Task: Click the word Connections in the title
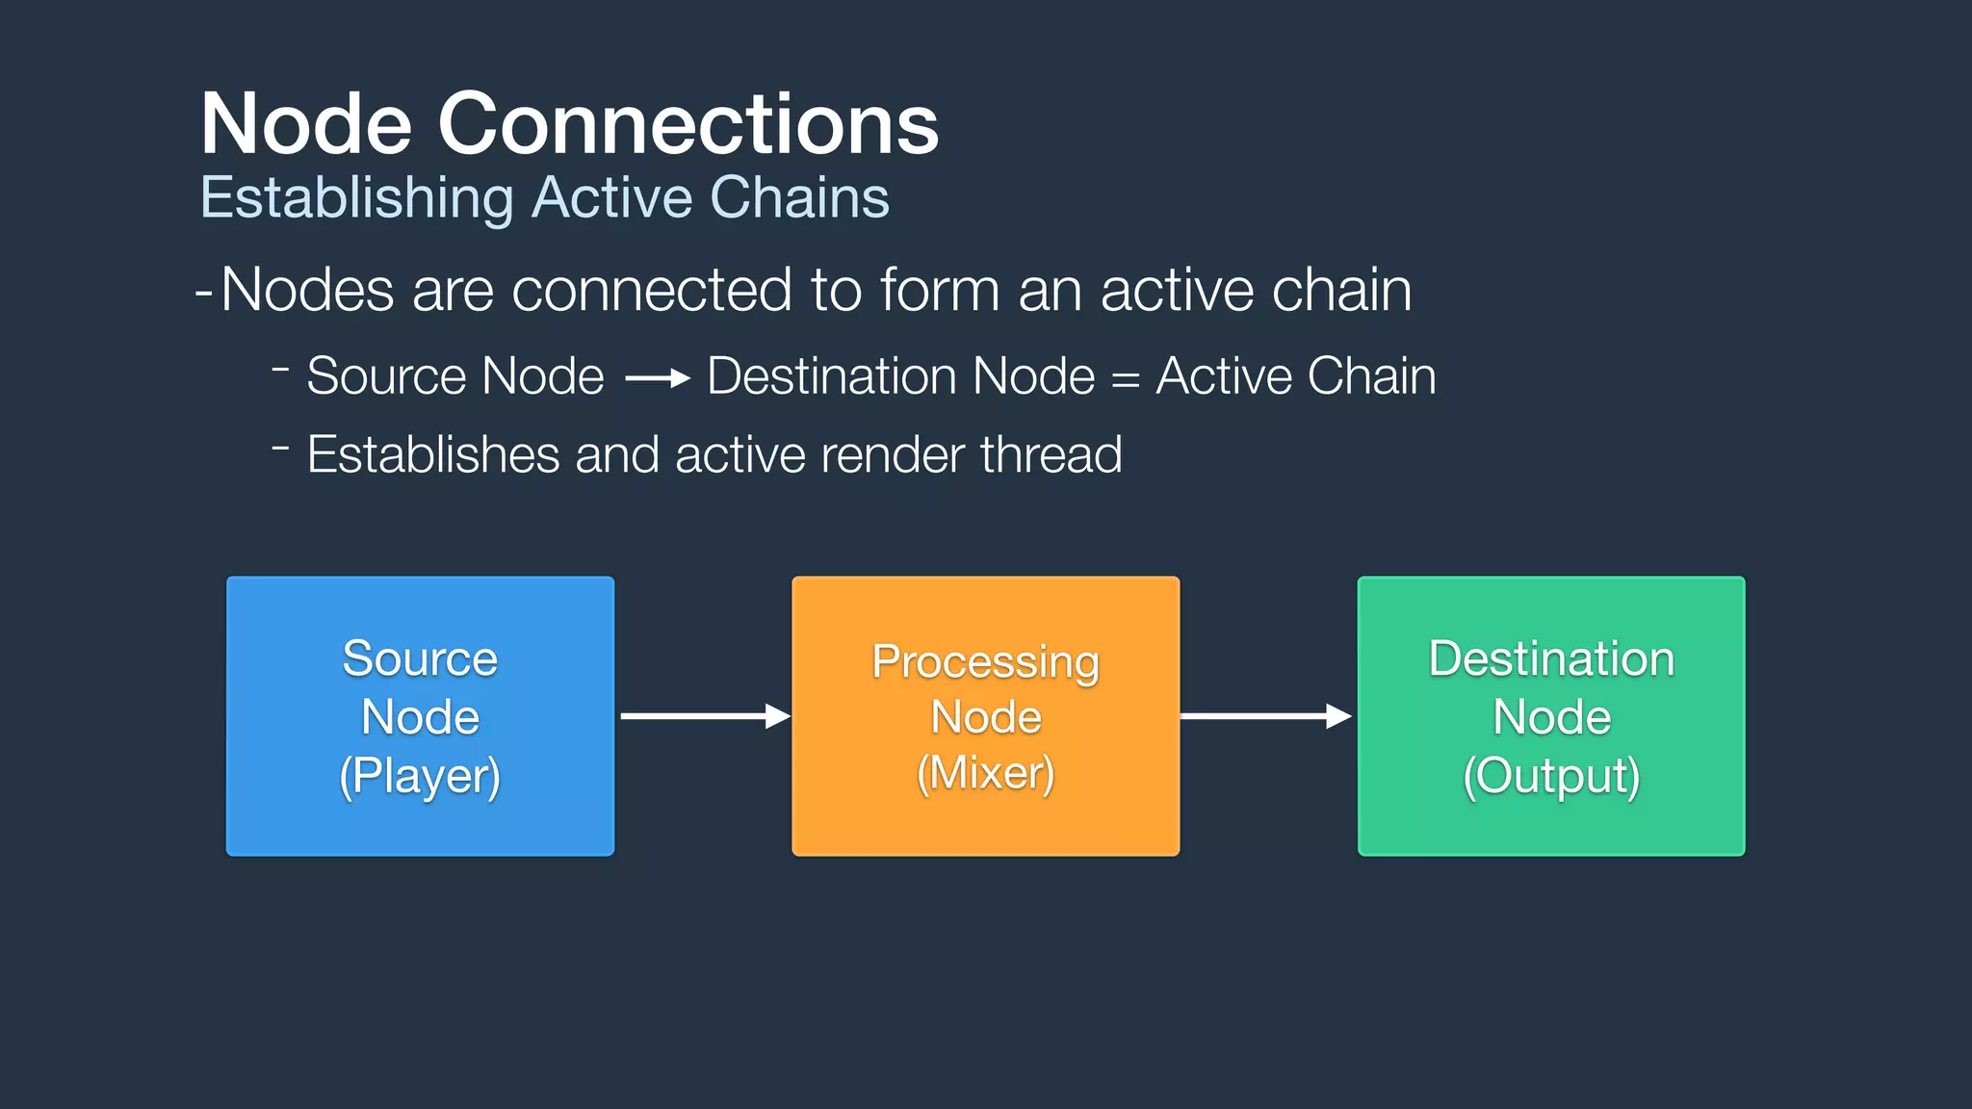coord(688,124)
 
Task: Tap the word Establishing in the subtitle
coord(357,198)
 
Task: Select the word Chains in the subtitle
coord(799,197)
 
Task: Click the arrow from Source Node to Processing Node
coord(704,716)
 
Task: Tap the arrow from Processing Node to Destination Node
coord(1265,716)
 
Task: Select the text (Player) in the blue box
coord(420,776)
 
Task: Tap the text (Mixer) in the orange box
coord(985,773)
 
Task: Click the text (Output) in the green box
coord(1550,776)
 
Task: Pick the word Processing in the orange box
coord(985,662)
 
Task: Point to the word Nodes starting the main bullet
coord(307,290)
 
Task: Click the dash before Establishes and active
coord(280,447)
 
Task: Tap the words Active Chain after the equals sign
coord(1295,376)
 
